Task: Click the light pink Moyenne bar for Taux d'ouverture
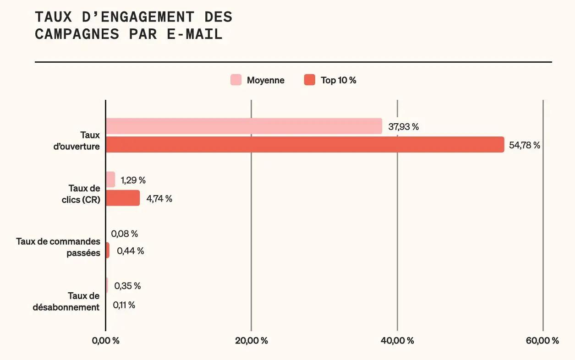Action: click(244, 126)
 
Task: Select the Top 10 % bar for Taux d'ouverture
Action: click(305, 145)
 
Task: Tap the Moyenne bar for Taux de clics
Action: click(110, 180)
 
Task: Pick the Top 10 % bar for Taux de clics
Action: click(123, 198)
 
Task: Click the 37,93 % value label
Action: click(403, 127)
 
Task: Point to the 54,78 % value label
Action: click(525, 146)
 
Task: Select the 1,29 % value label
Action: click(133, 180)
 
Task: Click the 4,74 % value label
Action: click(159, 199)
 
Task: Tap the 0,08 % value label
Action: click(124, 234)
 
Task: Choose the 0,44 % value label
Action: click(130, 251)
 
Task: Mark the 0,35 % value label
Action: click(127, 286)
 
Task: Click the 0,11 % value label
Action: click(124, 305)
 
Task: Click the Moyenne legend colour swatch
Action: click(235, 80)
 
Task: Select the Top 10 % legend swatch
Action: click(310, 80)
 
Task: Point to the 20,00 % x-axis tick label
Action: click(251, 341)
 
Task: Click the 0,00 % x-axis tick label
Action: click(105, 341)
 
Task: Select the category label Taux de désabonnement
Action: click(66, 301)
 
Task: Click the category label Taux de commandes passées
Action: click(58, 247)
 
